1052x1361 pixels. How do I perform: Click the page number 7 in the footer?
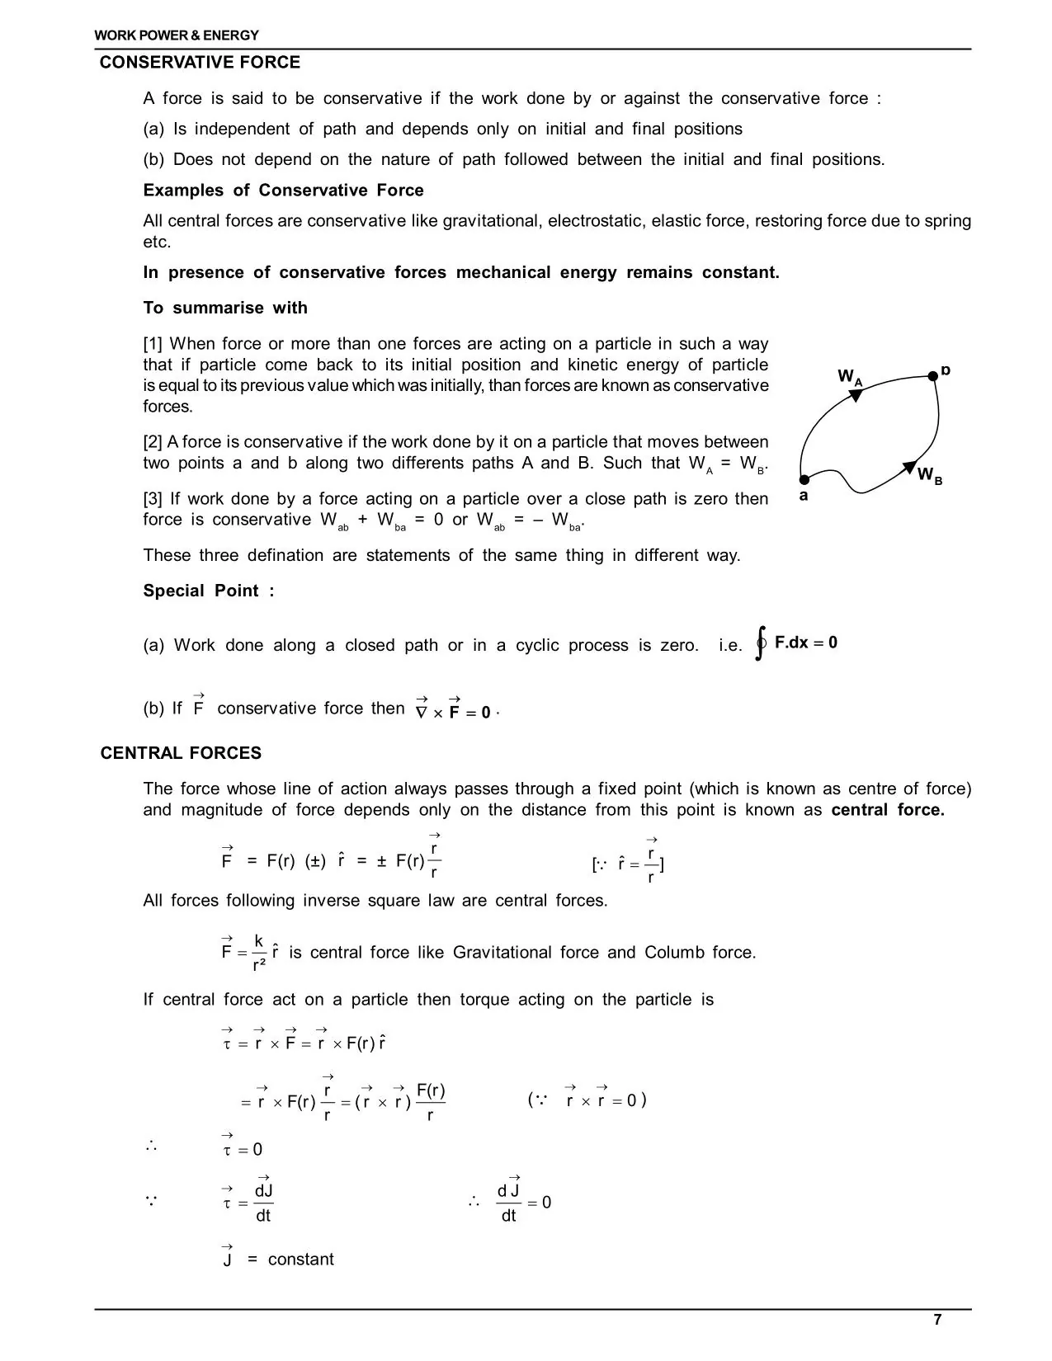click(x=937, y=1319)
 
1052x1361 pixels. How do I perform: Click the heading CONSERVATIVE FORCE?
click(x=200, y=63)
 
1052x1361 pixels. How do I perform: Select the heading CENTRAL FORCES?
click(x=181, y=753)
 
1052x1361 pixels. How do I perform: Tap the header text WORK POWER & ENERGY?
click(x=177, y=35)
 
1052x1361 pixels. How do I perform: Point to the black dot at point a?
click(x=804, y=479)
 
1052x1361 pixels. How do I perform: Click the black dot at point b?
click(x=933, y=376)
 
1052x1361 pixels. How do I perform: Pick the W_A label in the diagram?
click(x=850, y=378)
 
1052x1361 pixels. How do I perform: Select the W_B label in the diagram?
click(x=929, y=476)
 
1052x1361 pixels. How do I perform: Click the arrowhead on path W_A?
click(x=856, y=395)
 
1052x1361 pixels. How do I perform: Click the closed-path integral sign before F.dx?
click(x=761, y=643)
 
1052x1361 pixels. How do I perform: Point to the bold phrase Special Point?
click(x=208, y=591)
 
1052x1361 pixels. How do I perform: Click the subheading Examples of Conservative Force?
click(x=283, y=191)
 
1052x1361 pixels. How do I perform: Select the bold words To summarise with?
click(x=225, y=308)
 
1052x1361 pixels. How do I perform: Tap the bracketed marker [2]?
click(x=153, y=442)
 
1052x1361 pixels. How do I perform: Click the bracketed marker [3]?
click(x=153, y=499)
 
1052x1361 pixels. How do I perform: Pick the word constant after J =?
click(x=301, y=1260)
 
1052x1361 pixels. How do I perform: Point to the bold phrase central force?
click(x=887, y=810)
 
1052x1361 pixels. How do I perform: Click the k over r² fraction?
click(x=258, y=952)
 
